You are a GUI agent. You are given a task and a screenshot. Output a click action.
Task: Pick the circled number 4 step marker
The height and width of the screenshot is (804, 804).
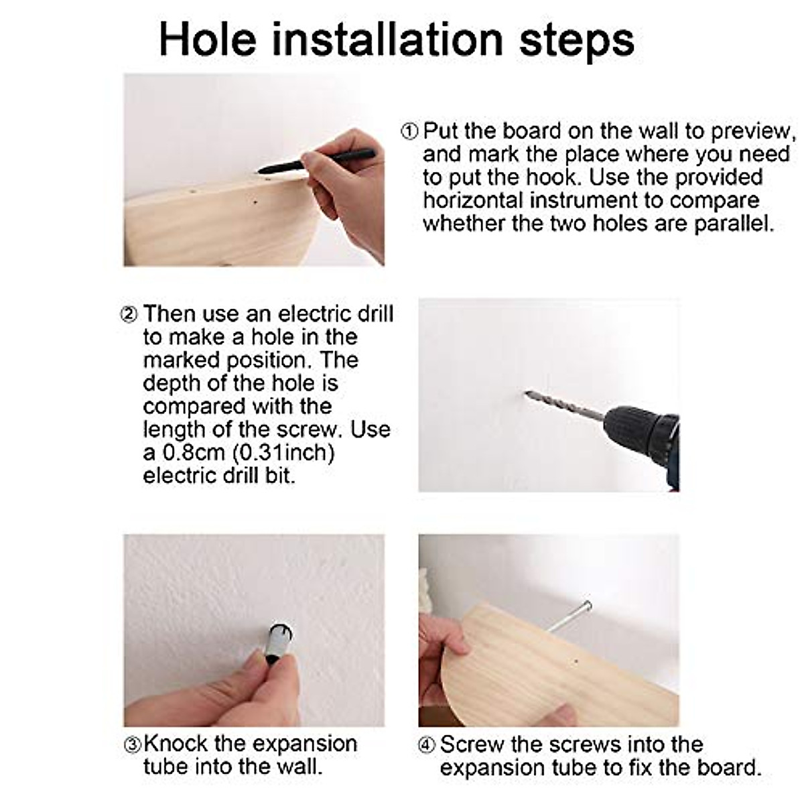[x=426, y=745]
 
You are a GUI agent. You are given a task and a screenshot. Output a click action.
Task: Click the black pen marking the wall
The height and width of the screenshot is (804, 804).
[x=316, y=161]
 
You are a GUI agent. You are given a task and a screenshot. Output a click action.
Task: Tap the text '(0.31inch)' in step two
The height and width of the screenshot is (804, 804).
[x=283, y=453]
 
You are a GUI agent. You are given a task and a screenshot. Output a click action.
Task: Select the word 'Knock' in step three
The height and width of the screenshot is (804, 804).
[x=176, y=743]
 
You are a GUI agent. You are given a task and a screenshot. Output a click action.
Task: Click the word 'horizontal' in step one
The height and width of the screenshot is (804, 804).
[x=473, y=200]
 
